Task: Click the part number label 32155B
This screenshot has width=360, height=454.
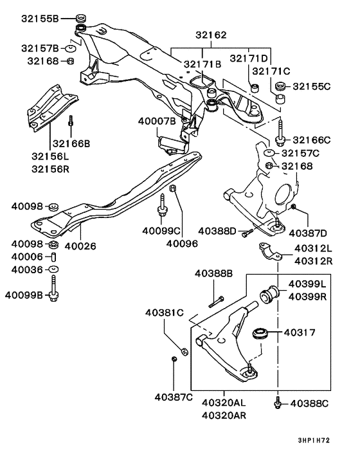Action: (x=39, y=18)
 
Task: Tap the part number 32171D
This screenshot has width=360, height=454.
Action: (x=253, y=59)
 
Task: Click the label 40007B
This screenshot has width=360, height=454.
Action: (x=156, y=120)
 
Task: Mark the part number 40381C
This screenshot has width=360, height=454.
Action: (x=164, y=313)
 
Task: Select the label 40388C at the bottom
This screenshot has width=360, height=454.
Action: (x=309, y=403)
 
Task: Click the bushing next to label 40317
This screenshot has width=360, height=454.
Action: (x=261, y=334)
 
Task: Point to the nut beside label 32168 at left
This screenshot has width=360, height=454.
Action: (x=71, y=61)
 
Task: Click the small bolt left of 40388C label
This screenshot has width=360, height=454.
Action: (x=278, y=402)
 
